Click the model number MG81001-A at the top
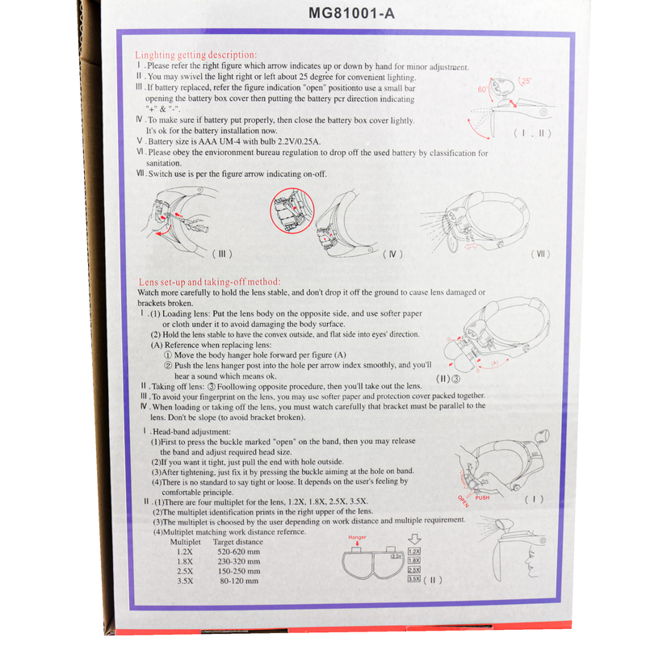tap(351, 14)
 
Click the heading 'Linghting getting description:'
tap(195, 55)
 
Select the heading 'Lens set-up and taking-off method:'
tap(209, 282)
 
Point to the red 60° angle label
tap(482, 90)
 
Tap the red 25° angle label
tap(526, 82)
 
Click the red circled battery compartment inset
tap(292, 211)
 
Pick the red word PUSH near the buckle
tap(482, 497)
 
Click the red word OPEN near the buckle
tap(464, 501)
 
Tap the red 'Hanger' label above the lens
tap(357, 537)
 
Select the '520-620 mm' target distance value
tap(238, 552)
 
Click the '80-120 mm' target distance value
tap(239, 581)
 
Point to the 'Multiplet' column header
tap(186, 542)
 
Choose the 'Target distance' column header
tap(237, 542)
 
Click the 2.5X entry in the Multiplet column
tap(185, 571)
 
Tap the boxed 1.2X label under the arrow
tap(414, 552)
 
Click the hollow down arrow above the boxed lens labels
tap(414, 539)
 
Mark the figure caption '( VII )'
tap(540, 254)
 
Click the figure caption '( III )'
tap(222, 254)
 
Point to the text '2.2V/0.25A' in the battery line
tap(299, 142)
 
